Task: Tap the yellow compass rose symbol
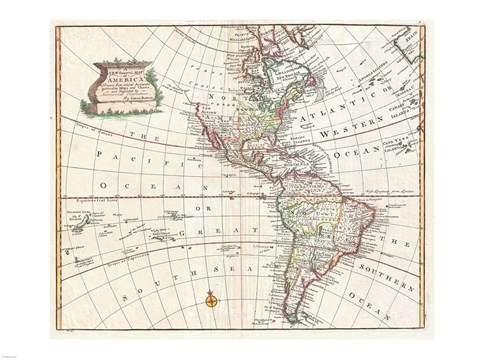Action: click(212, 298)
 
